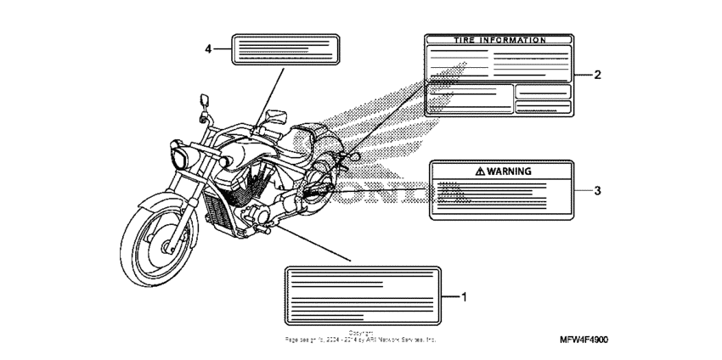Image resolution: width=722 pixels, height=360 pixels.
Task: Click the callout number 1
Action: tap(464, 296)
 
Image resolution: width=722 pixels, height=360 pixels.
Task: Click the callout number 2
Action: tap(597, 75)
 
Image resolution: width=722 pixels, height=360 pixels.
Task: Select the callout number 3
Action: tap(597, 190)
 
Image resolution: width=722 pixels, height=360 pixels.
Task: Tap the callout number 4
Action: tap(208, 48)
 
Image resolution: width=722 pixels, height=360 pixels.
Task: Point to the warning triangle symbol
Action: tap(482, 171)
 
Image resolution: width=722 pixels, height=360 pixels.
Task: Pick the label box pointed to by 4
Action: tap(285, 48)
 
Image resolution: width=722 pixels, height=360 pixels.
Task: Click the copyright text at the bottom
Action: tap(361, 337)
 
